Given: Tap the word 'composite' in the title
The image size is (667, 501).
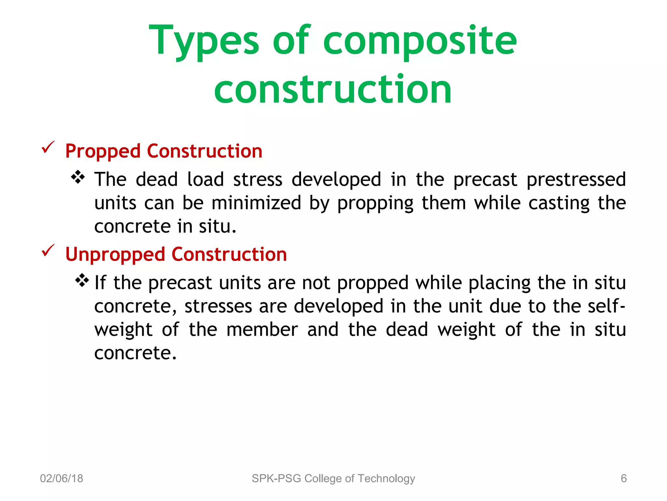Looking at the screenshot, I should (420, 41).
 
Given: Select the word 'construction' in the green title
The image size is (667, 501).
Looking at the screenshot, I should (333, 89).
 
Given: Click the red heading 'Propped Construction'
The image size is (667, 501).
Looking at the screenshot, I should (164, 151).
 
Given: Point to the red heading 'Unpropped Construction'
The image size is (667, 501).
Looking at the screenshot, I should (176, 254).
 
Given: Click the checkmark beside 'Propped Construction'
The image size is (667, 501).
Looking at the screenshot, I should (48, 147).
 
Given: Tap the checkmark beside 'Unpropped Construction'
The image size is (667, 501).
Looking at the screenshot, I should (48, 250).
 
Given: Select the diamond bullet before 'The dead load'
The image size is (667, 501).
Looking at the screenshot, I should (78, 177).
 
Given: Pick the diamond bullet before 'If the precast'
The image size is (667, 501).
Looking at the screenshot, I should (82, 280).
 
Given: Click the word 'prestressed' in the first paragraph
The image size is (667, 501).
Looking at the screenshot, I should (576, 179).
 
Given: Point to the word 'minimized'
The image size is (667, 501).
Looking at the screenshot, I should (256, 203).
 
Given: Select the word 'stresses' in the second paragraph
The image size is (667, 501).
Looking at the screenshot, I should (218, 306).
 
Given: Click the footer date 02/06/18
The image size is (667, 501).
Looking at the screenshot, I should (62, 478).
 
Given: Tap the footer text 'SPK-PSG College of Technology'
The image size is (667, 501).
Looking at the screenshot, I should (333, 478).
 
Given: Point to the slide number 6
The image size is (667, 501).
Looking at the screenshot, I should (623, 478).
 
